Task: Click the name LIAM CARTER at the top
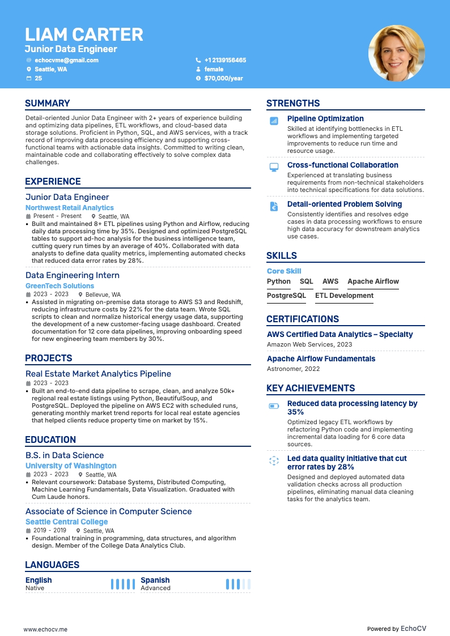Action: pyautogui.click(x=84, y=35)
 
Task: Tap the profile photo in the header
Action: pyautogui.click(x=396, y=53)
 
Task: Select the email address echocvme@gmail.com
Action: pyautogui.click(x=66, y=60)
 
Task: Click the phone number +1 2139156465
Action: pyautogui.click(x=225, y=60)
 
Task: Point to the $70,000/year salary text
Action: pyautogui.click(x=223, y=78)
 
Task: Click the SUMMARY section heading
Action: pyautogui.click(x=48, y=103)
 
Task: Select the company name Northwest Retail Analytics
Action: pyautogui.click(x=70, y=208)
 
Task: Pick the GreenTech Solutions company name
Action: pyautogui.click(x=60, y=286)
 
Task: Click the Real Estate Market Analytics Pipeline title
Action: pyautogui.click(x=98, y=374)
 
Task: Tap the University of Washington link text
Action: pyautogui.click(x=71, y=466)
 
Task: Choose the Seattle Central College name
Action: pyautogui.click(x=66, y=522)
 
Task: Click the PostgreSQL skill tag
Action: pyautogui.click(x=286, y=296)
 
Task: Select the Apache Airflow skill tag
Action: pyautogui.click(x=373, y=281)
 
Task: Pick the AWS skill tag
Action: pyautogui.click(x=330, y=281)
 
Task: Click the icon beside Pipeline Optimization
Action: pyautogui.click(x=274, y=121)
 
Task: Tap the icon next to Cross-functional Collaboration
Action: pyautogui.click(x=274, y=167)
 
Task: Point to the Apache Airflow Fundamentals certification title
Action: pyautogui.click(x=321, y=358)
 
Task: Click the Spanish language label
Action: pyautogui.click(x=155, y=580)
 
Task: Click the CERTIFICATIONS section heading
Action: pyautogui.click(x=303, y=319)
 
